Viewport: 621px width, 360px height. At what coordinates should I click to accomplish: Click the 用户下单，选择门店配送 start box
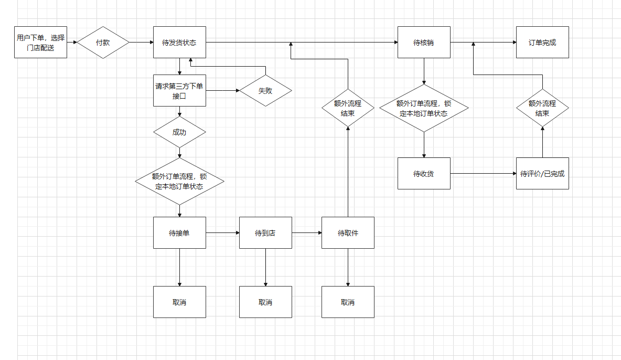(41, 42)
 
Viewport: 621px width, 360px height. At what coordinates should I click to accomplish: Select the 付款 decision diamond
(103, 42)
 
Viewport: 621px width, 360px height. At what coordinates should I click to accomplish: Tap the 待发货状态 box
(179, 42)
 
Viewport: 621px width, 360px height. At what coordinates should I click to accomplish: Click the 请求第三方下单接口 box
(179, 91)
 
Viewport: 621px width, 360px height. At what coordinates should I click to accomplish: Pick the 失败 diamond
(265, 91)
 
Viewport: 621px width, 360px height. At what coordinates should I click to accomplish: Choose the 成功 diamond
(179, 132)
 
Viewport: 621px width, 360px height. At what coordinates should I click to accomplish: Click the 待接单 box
(179, 232)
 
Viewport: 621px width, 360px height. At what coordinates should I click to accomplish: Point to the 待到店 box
(265, 232)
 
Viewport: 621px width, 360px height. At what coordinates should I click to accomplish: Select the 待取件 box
(348, 232)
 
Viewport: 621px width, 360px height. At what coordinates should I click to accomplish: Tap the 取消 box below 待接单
(179, 302)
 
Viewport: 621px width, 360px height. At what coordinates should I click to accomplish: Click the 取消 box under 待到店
(265, 302)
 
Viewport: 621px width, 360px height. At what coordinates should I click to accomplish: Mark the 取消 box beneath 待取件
(348, 302)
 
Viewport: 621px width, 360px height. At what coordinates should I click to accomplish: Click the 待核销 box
(424, 42)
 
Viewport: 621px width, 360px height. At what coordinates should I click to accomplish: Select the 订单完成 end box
(542, 42)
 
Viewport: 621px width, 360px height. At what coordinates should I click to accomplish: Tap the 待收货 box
(424, 173)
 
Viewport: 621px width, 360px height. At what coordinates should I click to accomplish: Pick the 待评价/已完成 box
(542, 173)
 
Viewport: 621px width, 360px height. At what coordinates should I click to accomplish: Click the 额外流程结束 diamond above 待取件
(348, 108)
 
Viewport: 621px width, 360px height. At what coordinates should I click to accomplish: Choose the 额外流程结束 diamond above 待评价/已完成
(542, 108)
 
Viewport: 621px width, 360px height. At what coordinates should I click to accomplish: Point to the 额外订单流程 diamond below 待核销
(424, 108)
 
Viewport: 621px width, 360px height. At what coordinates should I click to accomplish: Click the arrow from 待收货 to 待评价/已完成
(483, 173)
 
